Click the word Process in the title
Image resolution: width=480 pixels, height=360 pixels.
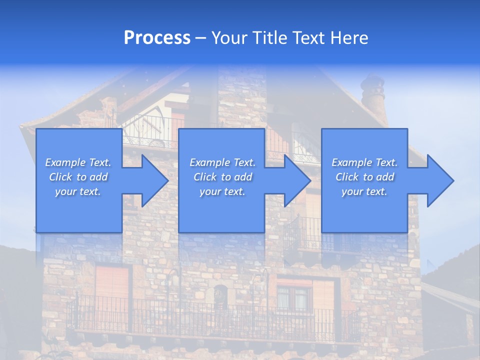(157, 37)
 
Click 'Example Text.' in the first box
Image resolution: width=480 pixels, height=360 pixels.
(78, 162)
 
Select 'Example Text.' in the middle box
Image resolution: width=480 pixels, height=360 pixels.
(222, 162)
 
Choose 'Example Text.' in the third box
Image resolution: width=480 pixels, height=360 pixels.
(364, 162)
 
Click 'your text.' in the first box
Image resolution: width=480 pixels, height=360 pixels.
(78, 191)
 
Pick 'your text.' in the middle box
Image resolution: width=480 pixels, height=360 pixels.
(222, 191)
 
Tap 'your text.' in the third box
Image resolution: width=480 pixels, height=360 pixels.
(364, 191)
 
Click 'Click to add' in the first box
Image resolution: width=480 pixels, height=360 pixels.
(78, 177)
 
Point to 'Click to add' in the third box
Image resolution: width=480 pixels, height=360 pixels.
(364, 177)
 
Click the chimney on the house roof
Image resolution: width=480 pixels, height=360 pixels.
(373, 97)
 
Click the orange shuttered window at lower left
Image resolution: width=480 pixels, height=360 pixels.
(112, 285)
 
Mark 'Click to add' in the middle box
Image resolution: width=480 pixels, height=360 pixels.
(222, 177)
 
